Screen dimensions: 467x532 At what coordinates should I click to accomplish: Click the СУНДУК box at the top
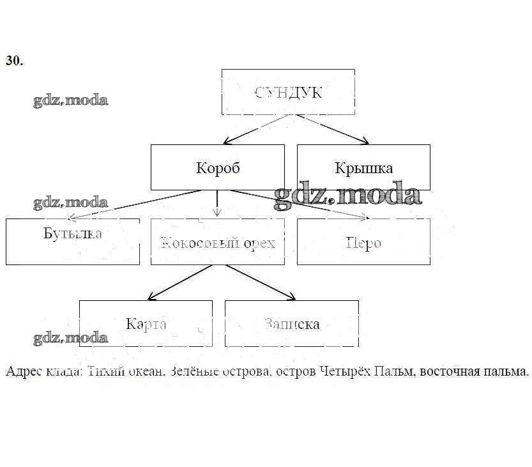pyautogui.click(x=288, y=92)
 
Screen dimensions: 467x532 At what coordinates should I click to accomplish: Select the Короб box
pyautogui.click(x=218, y=167)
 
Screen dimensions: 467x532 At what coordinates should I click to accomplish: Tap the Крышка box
pyautogui.click(x=363, y=167)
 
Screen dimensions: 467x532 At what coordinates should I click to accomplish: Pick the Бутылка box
pyautogui.click(x=73, y=241)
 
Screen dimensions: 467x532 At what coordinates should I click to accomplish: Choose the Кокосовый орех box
pyautogui.click(x=218, y=241)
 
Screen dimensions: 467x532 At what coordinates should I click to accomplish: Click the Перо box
pyautogui.click(x=363, y=241)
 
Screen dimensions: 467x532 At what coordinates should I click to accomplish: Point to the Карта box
pyautogui.click(x=146, y=323)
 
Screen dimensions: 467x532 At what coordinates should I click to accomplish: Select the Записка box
pyautogui.click(x=291, y=323)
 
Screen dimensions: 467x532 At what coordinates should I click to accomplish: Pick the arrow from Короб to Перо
pyautogui.click(x=300, y=204)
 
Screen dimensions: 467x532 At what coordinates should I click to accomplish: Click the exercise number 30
pyautogui.click(x=14, y=61)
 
